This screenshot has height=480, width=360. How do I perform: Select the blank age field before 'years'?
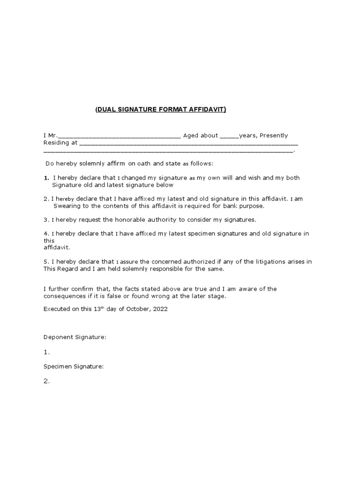coord(229,136)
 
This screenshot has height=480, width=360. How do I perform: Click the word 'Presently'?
coord(274,135)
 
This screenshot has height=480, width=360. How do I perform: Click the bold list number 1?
coord(46,178)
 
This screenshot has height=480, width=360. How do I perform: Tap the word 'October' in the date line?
coord(137,309)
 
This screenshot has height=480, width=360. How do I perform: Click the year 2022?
coord(159,309)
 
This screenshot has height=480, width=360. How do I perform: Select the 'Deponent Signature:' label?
coord(75,337)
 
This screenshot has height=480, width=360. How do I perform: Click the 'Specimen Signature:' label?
coord(74,367)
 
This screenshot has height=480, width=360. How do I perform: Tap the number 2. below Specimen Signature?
coord(46,381)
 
